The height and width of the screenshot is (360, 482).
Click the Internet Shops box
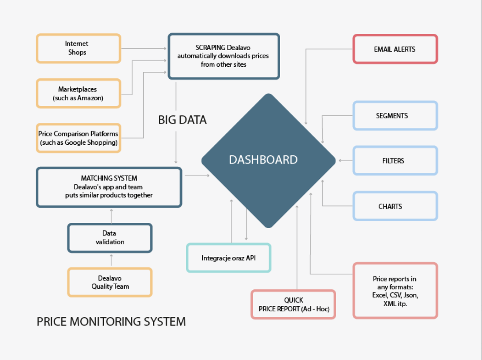pos(79,49)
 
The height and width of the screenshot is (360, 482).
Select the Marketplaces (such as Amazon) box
pos(79,94)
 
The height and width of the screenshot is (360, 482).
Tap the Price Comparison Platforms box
pos(79,138)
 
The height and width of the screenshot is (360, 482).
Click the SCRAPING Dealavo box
pos(224,56)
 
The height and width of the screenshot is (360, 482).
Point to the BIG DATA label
pos(182,120)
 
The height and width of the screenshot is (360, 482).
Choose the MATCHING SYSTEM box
pos(109,187)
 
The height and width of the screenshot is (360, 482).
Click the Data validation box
pos(110,238)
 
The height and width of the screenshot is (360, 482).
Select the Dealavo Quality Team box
pos(110,282)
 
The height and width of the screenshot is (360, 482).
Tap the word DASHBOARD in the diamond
pos(263,160)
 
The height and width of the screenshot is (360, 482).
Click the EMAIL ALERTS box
pos(395,49)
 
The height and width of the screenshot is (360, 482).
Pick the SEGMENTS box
pos(395,116)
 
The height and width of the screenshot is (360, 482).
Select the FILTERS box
pos(395,160)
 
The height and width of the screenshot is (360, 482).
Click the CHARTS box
pos(395,206)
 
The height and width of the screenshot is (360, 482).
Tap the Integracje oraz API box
pos(228,258)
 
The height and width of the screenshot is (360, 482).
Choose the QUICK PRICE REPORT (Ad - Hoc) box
pos(294,304)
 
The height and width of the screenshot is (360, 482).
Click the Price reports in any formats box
pos(395,290)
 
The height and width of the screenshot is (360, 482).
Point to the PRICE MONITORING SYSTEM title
pos(111,322)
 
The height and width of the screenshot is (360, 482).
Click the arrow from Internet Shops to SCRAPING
pos(144,48)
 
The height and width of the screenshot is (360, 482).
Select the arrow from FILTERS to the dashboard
pos(346,160)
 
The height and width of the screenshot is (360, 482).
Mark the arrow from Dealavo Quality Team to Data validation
pos(111,260)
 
